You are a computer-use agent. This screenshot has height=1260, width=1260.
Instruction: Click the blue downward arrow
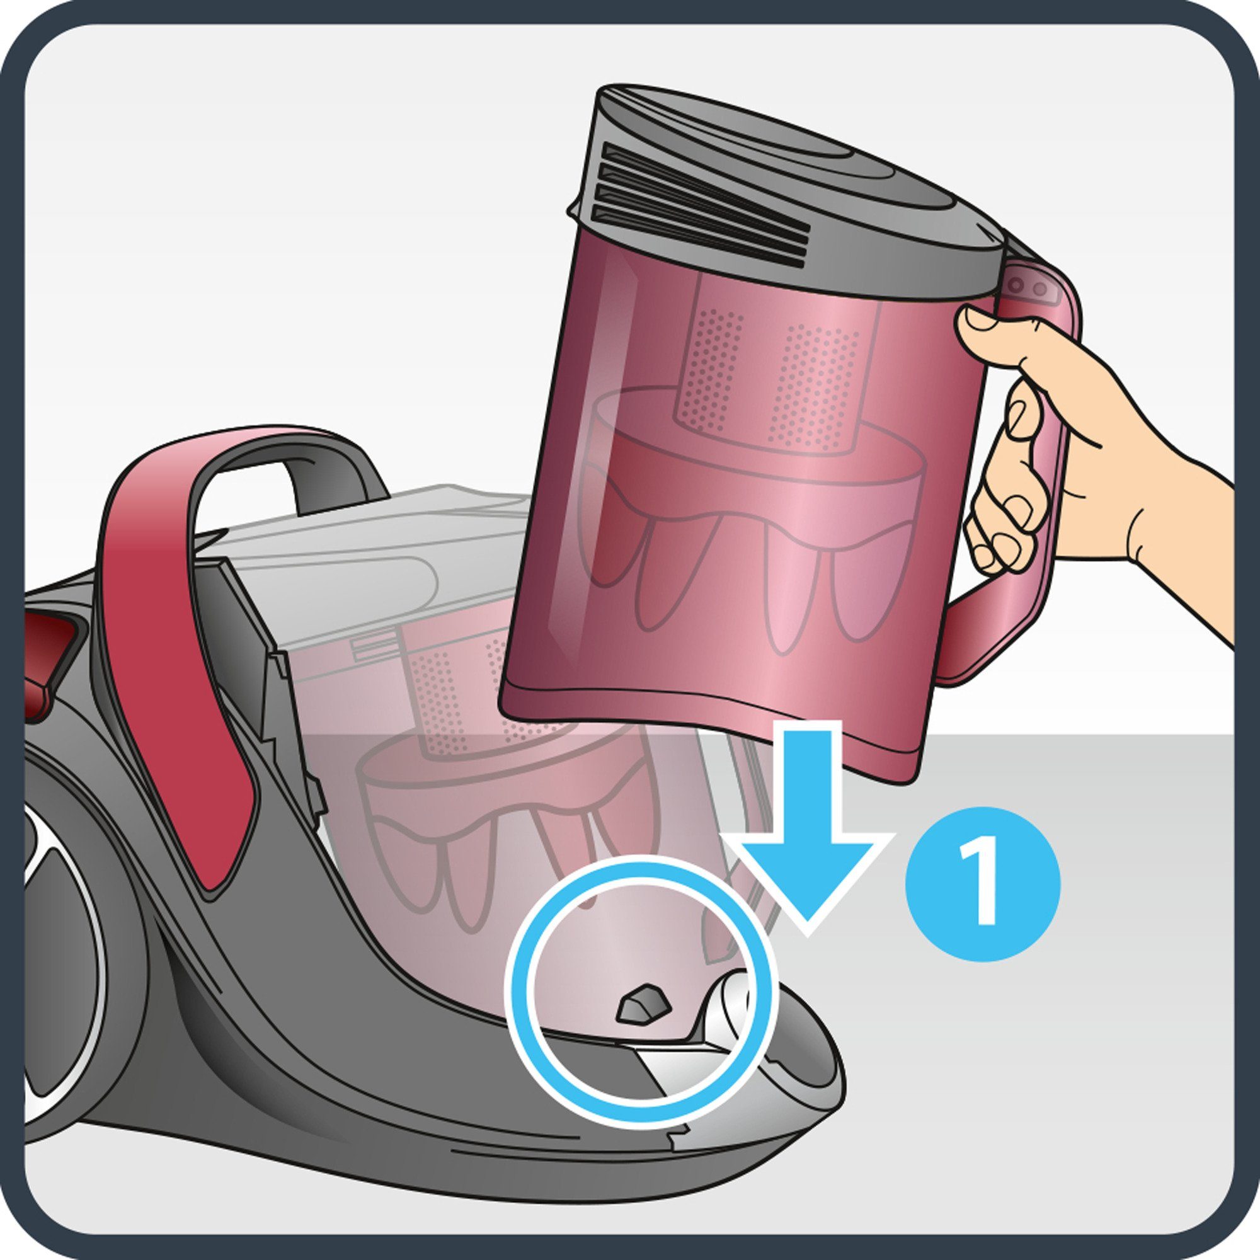(x=808, y=828)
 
